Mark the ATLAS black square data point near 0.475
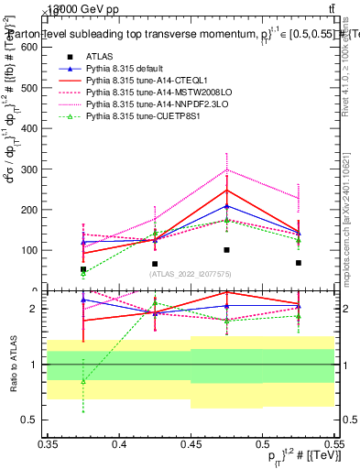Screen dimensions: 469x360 (x=226, y=250)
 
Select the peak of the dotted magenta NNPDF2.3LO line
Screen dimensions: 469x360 (x=226, y=169)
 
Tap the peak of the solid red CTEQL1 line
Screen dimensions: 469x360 (x=226, y=191)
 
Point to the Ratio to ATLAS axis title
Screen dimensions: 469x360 (x=13, y=364)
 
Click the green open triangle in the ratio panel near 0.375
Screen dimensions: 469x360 (x=83, y=382)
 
